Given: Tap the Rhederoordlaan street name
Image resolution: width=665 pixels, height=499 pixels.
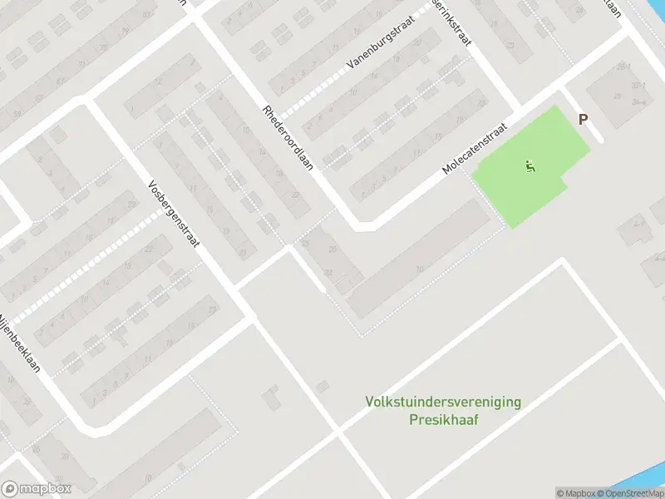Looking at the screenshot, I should (x=288, y=138).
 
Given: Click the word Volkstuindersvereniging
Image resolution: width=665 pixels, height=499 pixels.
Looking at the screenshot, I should (x=443, y=402).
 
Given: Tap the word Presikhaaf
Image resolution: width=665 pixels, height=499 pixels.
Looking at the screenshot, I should (x=443, y=419).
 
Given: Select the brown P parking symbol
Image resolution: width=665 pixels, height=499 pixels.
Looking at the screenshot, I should (x=583, y=119).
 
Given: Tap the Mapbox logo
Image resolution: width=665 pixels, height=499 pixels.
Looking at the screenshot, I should (x=37, y=489).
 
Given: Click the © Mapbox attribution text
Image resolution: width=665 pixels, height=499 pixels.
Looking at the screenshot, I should (x=574, y=493).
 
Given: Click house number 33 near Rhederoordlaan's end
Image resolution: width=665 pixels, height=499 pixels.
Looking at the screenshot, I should (x=327, y=271).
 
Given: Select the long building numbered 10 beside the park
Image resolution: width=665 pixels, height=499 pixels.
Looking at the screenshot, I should (x=420, y=268).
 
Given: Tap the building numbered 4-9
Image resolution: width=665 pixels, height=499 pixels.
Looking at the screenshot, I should (x=638, y=223).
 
